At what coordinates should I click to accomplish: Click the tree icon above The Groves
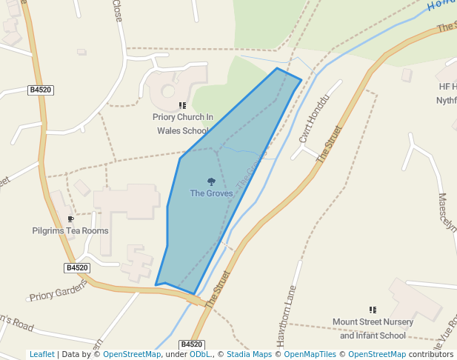pos(211,181)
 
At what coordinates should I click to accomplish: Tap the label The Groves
pos(211,193)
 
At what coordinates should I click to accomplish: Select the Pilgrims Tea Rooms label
pos(70,230)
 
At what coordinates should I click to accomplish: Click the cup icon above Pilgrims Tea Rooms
pos(70,219)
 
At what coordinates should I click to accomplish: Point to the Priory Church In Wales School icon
pos(182,106)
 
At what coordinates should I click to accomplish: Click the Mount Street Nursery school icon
pos(373,310)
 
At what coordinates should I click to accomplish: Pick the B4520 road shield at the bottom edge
pos(191,344)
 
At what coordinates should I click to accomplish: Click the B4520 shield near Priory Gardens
pos(77,267)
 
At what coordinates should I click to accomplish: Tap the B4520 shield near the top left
pos(41,90)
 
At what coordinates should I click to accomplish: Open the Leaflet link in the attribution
pos(41,355)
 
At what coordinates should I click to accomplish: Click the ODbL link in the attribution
pos(200,355)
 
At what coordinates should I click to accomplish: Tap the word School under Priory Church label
pos(194,130)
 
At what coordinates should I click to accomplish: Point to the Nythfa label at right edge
pos(446,101)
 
